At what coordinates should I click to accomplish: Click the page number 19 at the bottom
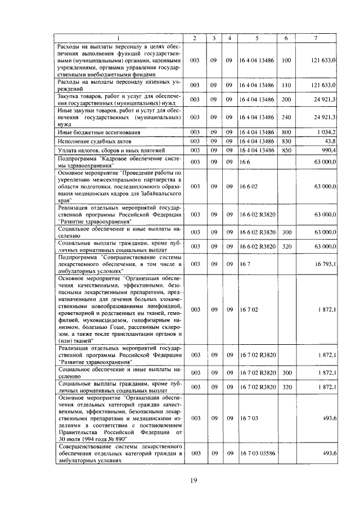tap(193, 480)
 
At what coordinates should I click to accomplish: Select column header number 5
tap(256, 38)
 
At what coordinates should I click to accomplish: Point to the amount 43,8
tap(330, 141)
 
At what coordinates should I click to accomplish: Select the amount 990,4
tap(328, 150)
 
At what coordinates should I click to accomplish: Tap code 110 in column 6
tap(286, 85)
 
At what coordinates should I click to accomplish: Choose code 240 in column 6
tap(286, 117)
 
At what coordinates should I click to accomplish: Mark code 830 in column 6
tap(286, 141)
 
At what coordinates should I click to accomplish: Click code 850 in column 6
tap(286, 150)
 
